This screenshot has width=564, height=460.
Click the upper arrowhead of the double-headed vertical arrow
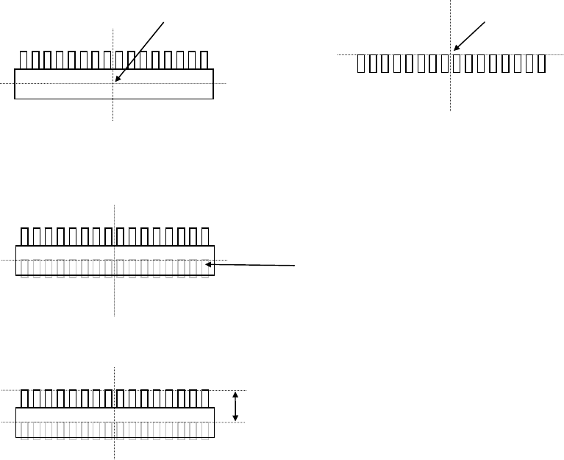pyautogui.click(x=235, y=393)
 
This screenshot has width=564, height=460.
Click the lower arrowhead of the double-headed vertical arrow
pyautogui.click(x=235, y=420)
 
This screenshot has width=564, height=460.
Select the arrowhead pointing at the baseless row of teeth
pyautogui.click(x=456, y=52)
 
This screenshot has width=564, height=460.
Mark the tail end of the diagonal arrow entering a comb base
pyautogui.click(x=163, y=22)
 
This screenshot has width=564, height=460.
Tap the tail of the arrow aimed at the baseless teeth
pyautogui.click(x=486, y=22)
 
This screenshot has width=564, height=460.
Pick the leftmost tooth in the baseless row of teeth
pyautogui.click(x=360, y=64)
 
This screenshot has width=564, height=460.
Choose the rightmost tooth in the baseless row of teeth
pyautogui.click(x=541, y=64)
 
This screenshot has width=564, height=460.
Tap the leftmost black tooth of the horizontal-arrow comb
pyautogui.click(x=24, y=237)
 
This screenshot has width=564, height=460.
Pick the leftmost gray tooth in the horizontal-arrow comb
pyautogui.click(x=24, y=269)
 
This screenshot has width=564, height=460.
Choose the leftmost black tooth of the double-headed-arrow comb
pyautogui.click(x=24, y=399)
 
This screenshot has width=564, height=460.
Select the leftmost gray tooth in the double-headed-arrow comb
pyautogui.click(x=24, y=431)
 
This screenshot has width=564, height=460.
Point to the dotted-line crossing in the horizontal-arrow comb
pyautogui.click(x=115, y=260)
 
